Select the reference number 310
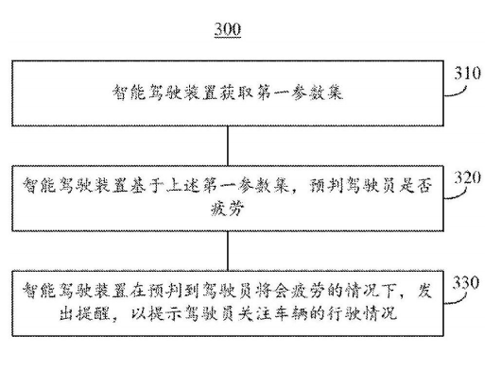pos(470,72)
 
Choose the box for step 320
pos(227,194)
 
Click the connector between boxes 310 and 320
pos(228,143)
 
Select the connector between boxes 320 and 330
pos(228,247)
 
